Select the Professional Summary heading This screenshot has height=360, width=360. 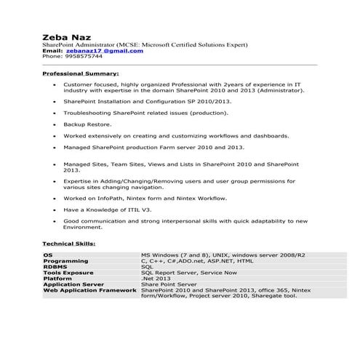[x=81, y=73]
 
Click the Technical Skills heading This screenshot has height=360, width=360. [x=69, y=244]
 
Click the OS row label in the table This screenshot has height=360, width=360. [x=48, y=255]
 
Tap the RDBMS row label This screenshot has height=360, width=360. [x=56, y=267]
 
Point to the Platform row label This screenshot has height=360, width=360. [x=58, y=279]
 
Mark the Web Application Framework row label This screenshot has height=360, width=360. [x=90, y=290]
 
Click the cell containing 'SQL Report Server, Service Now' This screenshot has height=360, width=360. [x=185, y=273]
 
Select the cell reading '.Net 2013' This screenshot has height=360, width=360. [x=155, y=279]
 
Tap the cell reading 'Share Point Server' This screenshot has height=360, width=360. [x=169, y=284]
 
